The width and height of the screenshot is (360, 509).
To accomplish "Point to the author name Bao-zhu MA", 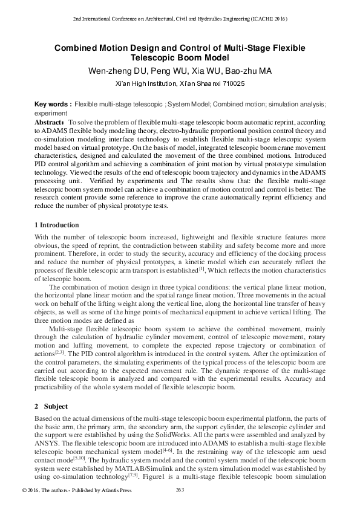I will point(248,71).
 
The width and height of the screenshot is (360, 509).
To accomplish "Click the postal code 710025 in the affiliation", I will point(234,83).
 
